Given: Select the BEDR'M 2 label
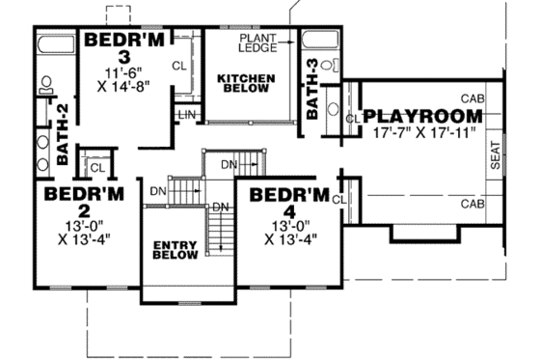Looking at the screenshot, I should coord(85,202).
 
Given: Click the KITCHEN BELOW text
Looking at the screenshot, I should coord(246,82).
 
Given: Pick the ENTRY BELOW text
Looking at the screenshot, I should coord(175,251).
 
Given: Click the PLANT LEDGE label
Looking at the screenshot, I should coord(257,43).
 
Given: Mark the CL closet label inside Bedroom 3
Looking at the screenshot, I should coord(179,66).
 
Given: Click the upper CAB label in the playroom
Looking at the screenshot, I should coord(472,98).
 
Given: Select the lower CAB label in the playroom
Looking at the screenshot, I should coord(472,204).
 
